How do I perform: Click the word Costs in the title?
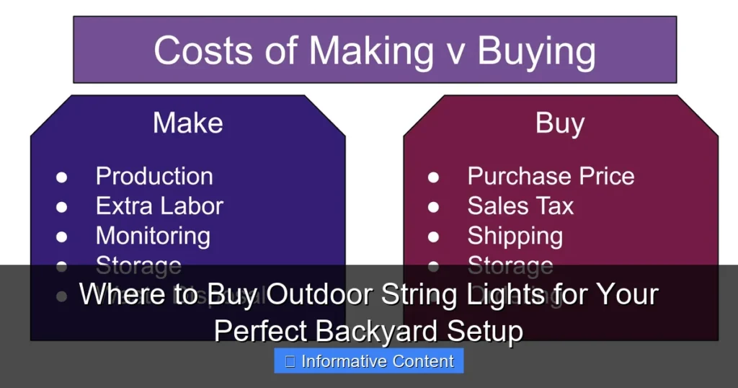pos(201,50)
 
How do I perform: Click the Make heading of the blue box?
pos(187,123)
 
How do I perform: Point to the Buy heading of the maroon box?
pos(560,123)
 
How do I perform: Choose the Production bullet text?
pos(154,176)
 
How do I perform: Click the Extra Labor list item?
pos(159,206)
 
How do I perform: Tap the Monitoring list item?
pos(153,236)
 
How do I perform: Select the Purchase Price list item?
pos(551,176)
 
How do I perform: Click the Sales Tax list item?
pos(520,206)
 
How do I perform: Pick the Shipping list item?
pos(515,236)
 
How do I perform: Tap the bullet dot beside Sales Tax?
pos(433,207)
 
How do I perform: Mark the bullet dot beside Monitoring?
pos(62,237)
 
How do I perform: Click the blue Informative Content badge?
pos(369,361)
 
